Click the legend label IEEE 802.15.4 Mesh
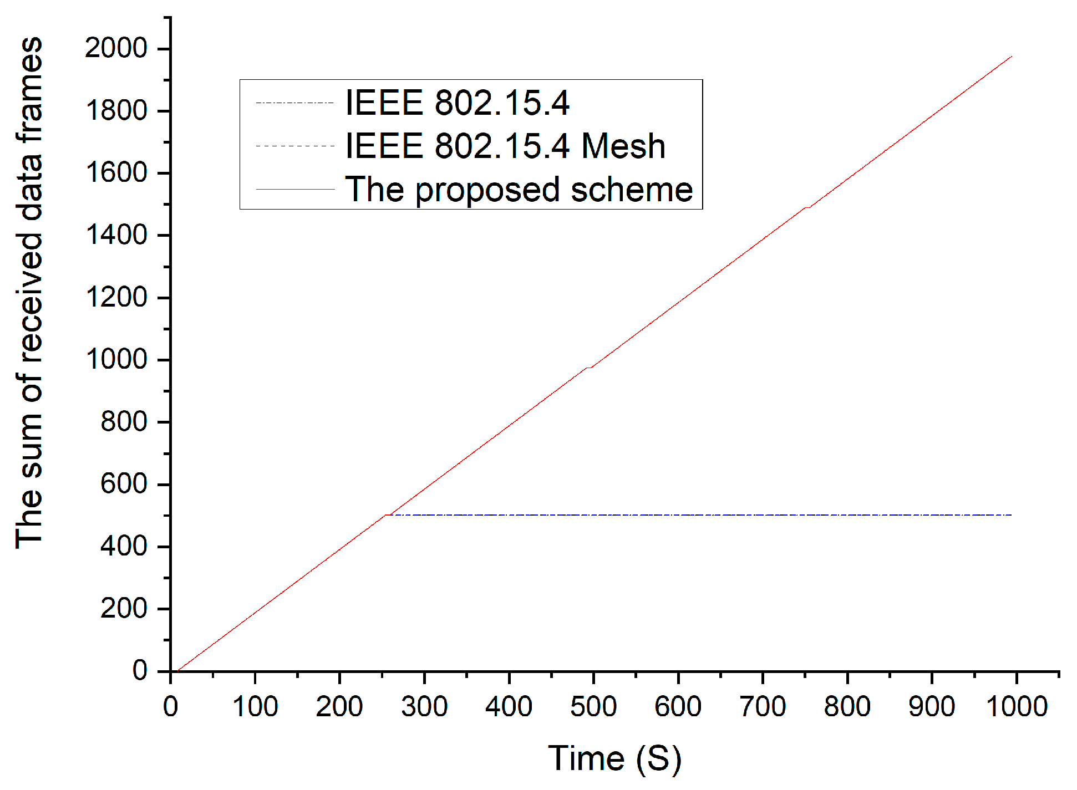coord(505,146)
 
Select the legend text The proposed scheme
coord(519,189)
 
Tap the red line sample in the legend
coord(295,190)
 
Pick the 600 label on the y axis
coord(124,484)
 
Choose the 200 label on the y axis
coord(124,609)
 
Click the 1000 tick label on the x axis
coord(1017,707)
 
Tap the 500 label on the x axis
coord(593,707)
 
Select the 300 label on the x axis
coord(424,707)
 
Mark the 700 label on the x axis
coord(763,707)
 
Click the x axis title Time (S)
coord(614,758)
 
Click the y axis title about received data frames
coord(29,293)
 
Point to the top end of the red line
coord(1012,57)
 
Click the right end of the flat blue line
coord(1012,515)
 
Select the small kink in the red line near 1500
coord(807,207)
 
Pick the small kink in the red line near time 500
coord(589,368)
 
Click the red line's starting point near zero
coord(178,671)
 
